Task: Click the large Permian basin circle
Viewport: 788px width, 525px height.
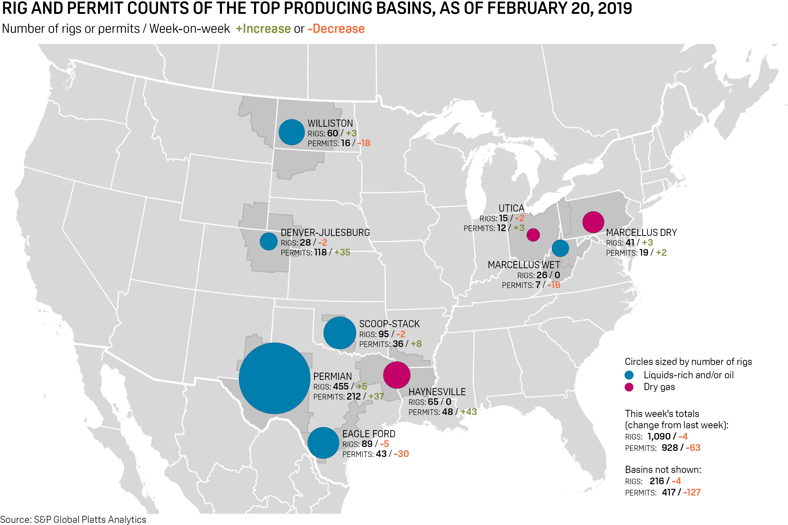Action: pos(274,378)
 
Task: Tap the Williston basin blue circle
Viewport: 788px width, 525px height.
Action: pos(291,132)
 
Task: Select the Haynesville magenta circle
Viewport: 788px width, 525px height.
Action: pos(396,375)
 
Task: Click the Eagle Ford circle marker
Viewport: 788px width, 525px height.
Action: pos(323,443)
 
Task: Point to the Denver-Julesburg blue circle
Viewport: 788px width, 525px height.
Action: pos(269,241)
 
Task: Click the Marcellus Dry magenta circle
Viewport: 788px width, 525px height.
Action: pos(593,222)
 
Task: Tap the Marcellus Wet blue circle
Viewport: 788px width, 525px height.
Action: pos(560,248)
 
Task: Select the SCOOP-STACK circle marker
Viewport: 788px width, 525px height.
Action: pos(339,333)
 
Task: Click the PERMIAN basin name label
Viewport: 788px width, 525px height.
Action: pos(332,376)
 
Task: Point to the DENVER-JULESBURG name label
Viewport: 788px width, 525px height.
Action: pos(325,232)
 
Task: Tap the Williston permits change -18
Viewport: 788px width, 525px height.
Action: pos(364,143)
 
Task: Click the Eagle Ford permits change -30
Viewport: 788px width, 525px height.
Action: pos(401,454)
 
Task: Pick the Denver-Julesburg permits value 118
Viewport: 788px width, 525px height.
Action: pos(320,252)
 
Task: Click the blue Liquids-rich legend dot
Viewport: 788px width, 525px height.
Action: pos(629,375)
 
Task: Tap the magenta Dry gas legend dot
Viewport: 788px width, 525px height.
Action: pos(629,387)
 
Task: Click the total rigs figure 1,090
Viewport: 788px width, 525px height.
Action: pos(659,436)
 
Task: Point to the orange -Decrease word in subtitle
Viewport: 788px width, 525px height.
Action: pos(336,29)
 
